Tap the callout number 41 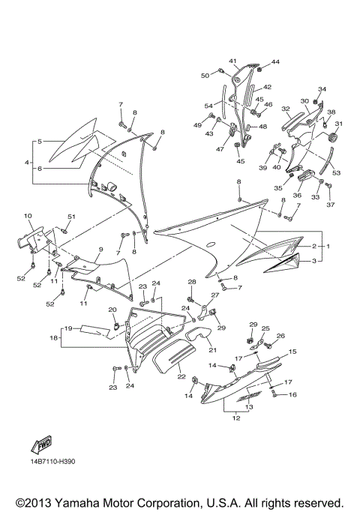[x=233, y=61]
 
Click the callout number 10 [x=28, y=216]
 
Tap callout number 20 [x=112, y=310]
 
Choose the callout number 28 [x=191, y=282]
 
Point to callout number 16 [x=292, y=394]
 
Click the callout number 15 [x=292, y=351]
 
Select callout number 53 [x=336, y=172]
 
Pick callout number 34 [x=322, y=90]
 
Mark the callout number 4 [x=27, y=162]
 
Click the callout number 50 [x=205, y=75]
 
